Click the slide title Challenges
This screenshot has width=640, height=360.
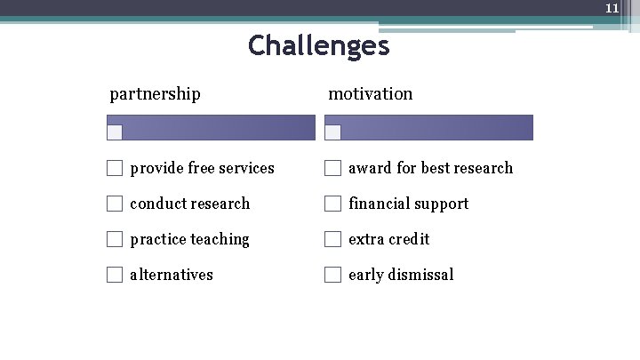coord(318,45)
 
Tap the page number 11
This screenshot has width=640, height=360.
coord(612,8)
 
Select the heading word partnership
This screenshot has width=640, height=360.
coord(155,93)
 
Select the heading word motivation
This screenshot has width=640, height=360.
coord(371,93)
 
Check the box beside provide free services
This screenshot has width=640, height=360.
coord(115,168)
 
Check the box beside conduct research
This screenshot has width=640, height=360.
coord(115,204)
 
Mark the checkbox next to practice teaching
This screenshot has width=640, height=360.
coord(115,239)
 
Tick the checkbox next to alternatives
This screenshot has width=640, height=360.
coord(115,275)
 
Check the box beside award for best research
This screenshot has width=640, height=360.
coord(332,168)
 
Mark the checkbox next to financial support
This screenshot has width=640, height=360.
coord(332,204)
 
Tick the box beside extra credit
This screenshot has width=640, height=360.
coord(332,239)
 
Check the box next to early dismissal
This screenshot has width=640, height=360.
coord(332,275)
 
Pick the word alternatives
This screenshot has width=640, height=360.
coord(172,275)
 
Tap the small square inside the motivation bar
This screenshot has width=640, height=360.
coord(333,132)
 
